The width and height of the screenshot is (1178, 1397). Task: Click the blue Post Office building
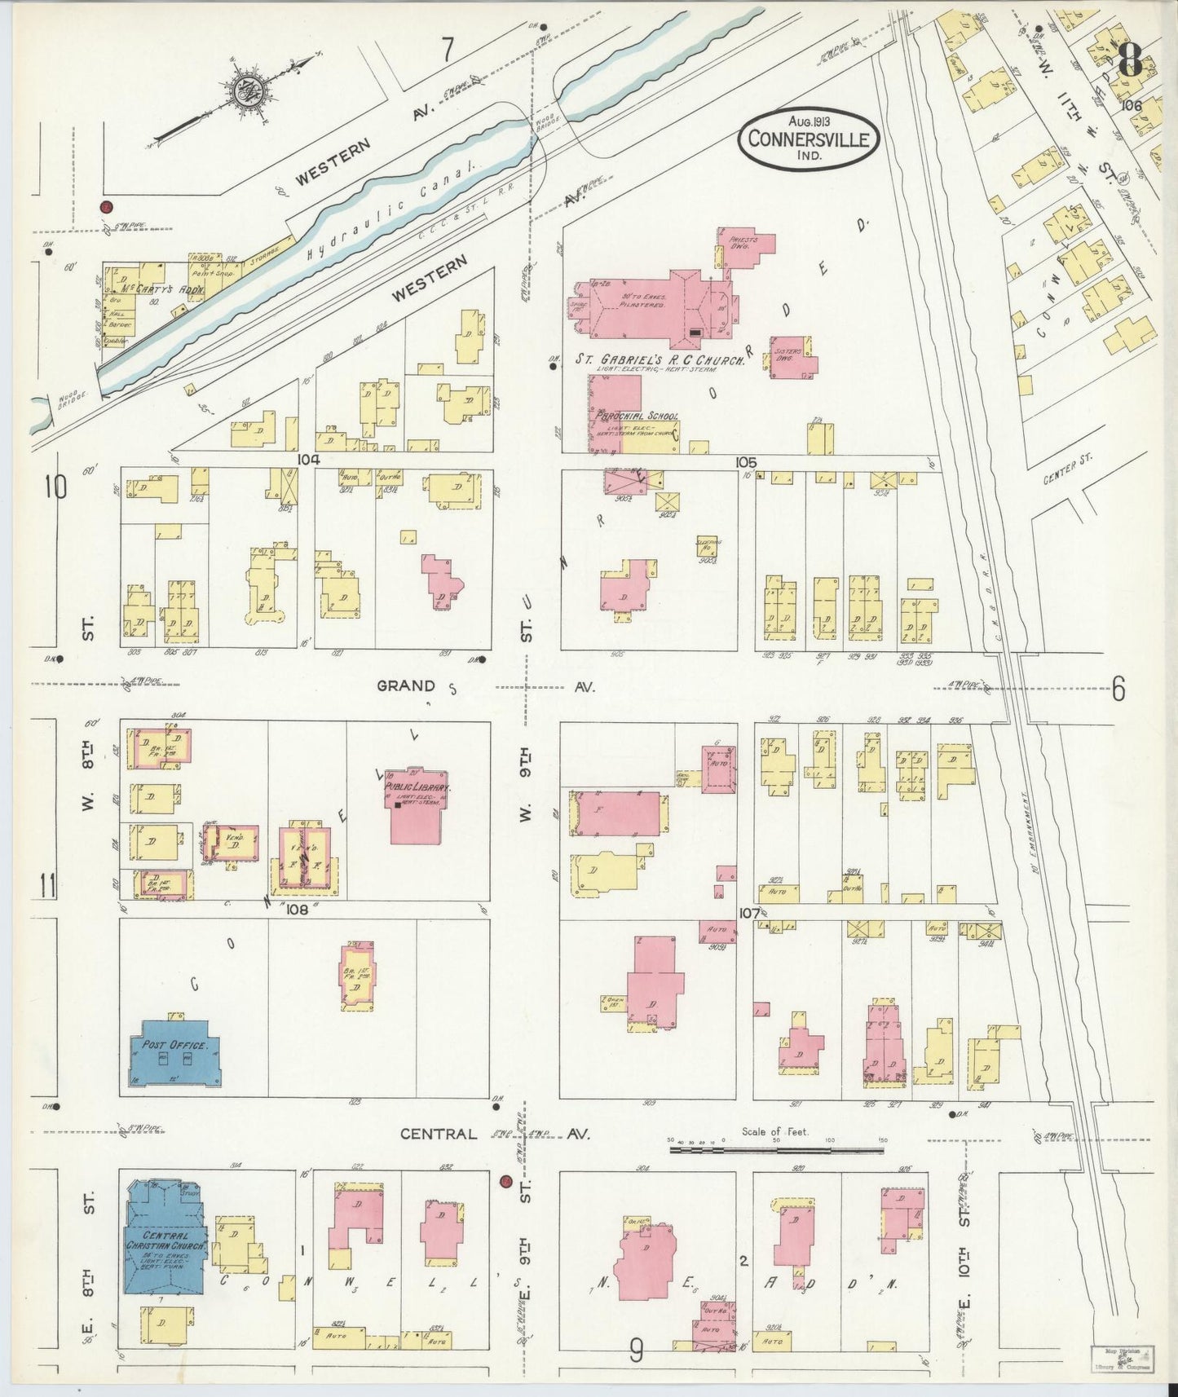[x=172, y=1053]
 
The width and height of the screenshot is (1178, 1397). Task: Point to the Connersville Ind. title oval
[x=809, y=139]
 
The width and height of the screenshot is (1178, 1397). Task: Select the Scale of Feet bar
[x=776, y=1150]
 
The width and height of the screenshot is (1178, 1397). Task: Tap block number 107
[x=748, y=914]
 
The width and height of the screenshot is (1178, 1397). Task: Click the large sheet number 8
[x=1130, y=59]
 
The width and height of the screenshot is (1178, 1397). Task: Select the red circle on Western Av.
[x=104, y=207]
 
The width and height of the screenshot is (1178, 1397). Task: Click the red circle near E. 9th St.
[x=505, y=1181]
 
